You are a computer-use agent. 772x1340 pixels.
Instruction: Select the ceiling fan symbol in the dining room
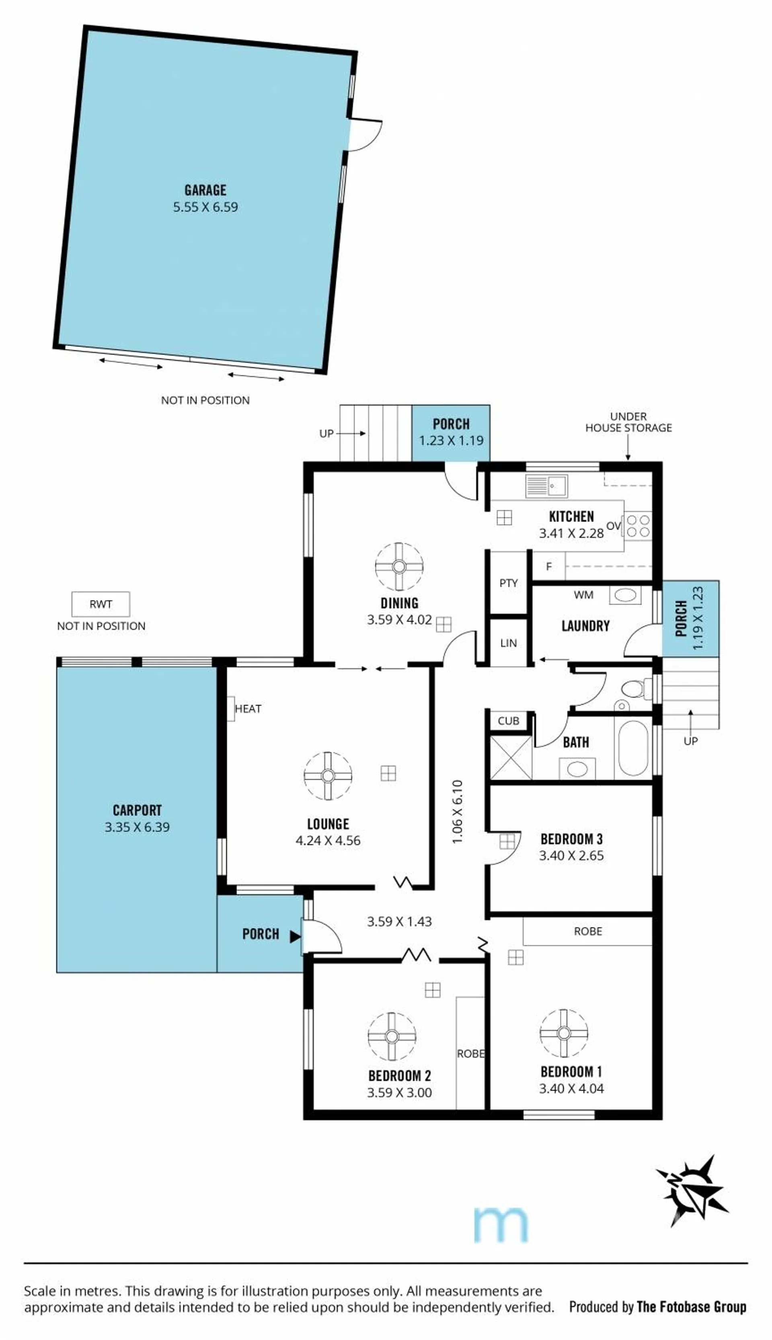[399, 566]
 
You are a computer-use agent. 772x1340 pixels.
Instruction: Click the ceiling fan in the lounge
[328, 776]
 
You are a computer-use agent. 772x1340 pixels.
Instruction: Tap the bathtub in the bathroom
[633, 747]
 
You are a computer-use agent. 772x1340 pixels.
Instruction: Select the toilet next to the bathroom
[635, 689]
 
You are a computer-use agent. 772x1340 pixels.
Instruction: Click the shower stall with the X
[511, 757]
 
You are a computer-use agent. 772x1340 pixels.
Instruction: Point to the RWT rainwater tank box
[101, 604]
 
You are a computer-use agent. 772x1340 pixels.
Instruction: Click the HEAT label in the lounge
[248, 709]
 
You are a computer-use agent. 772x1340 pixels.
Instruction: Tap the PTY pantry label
[509, 583]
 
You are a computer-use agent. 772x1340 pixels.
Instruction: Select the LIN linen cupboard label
[509, 643]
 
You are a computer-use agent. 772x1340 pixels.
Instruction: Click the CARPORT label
[138, 810]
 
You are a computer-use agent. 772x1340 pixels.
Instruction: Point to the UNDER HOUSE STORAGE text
[628, 422]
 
